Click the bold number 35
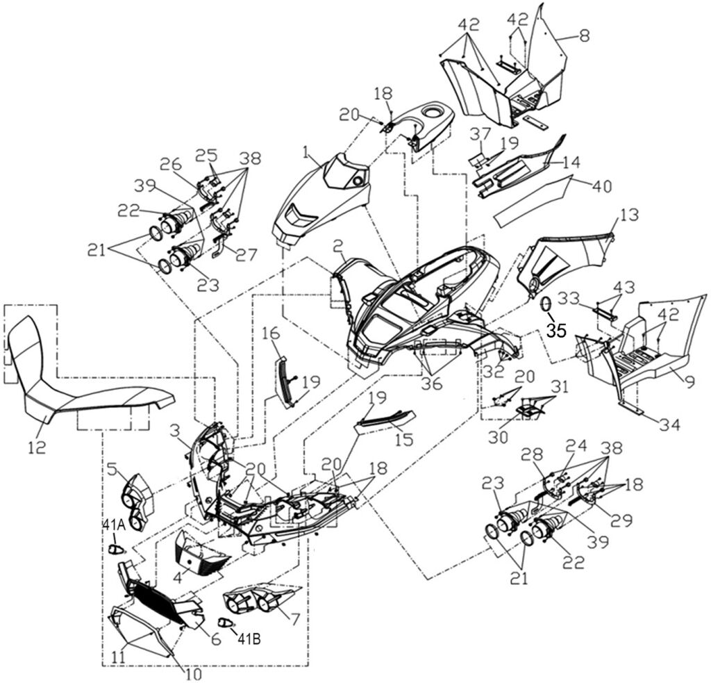(555, 331)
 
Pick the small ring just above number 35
(546, 305)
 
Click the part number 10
(192, 673)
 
